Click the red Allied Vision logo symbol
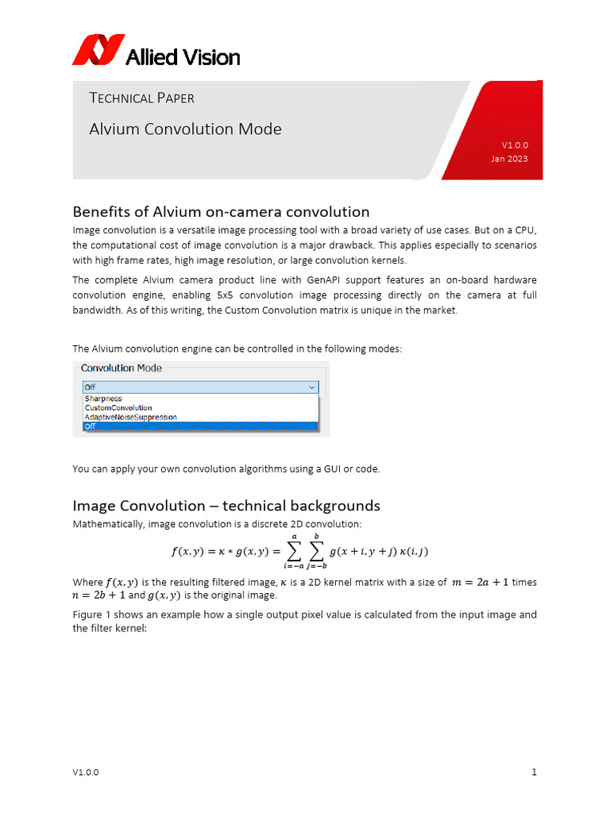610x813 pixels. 98,49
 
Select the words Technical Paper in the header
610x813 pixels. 141,98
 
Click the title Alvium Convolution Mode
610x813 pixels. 185,129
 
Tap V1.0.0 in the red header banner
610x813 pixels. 514,145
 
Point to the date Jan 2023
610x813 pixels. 509,159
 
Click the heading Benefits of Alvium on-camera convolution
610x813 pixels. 221,212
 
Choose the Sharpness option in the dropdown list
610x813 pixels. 103,399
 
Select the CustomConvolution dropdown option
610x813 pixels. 118,408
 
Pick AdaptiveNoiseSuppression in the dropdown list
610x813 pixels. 130,417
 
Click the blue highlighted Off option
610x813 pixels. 199,426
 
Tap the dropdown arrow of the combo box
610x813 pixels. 311,387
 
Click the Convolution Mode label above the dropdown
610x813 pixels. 121,368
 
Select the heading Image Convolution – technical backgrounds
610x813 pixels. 226,506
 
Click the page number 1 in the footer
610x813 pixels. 535,773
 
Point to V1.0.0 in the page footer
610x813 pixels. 86,773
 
